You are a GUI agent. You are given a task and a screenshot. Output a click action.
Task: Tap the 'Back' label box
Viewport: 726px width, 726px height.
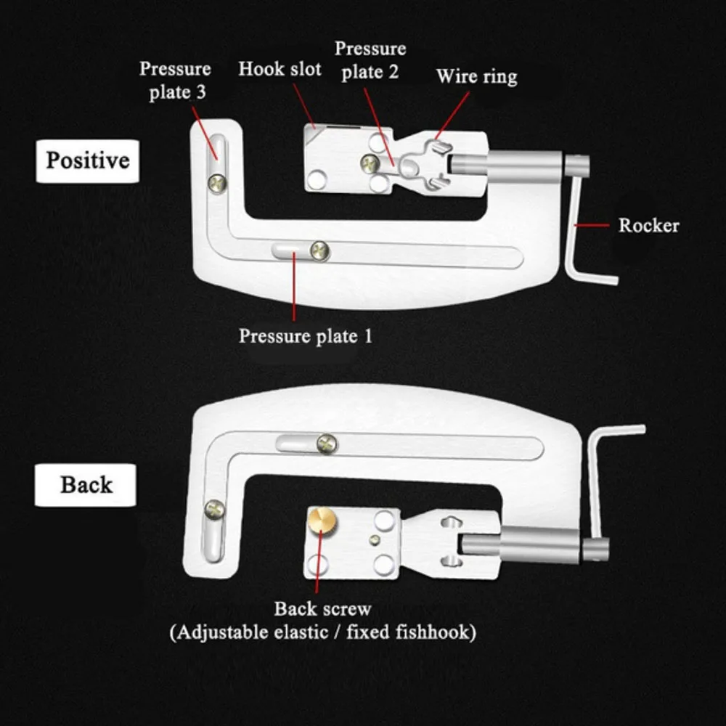pos(86,485)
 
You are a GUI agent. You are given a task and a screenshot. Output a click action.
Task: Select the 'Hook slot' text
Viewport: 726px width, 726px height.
pos(280,70)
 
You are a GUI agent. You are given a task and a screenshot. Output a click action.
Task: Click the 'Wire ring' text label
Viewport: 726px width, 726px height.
pos(477,76)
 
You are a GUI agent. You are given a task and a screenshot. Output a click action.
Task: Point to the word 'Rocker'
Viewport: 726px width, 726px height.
pos(648,225)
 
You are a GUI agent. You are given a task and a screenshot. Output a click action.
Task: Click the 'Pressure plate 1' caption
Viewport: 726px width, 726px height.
pos(305,336)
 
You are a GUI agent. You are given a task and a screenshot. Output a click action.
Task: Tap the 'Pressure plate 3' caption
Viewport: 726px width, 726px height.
pos(175,81)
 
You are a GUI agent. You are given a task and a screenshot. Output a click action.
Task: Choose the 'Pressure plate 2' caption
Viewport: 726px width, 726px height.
pos(370,61)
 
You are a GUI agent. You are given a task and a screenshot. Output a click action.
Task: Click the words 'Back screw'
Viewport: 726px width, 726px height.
pos(322,608)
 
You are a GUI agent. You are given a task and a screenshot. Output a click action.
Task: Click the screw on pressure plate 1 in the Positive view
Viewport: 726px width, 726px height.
pos(320,250)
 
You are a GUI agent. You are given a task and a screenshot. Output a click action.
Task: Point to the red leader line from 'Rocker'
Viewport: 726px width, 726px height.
pos(592,226)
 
